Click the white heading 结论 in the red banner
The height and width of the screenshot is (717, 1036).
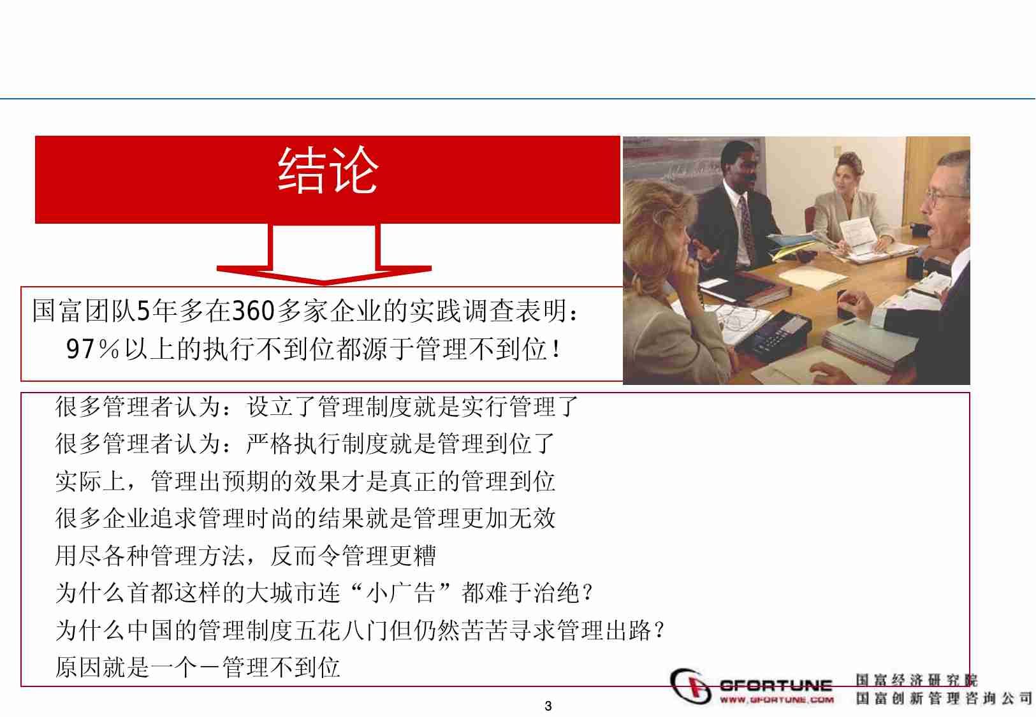click(x=328, y=170)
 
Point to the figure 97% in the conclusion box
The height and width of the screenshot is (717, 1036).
click(x=93, y=349)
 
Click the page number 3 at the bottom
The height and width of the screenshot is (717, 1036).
click(x=548, y=706)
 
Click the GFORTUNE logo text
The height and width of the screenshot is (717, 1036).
click(x=775, y=686)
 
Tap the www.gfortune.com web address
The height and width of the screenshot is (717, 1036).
click(x=777, y=700)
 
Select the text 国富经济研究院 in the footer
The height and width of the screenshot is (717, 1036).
click(x=916, y=681)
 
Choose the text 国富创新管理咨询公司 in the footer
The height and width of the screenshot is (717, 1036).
click(x=944, y=699)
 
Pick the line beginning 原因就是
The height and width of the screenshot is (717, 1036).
click(x=198, y=668)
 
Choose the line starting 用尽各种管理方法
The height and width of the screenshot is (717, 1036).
click(x=245, y=556)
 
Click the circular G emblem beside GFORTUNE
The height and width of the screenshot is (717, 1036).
click(x=691, y=686)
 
